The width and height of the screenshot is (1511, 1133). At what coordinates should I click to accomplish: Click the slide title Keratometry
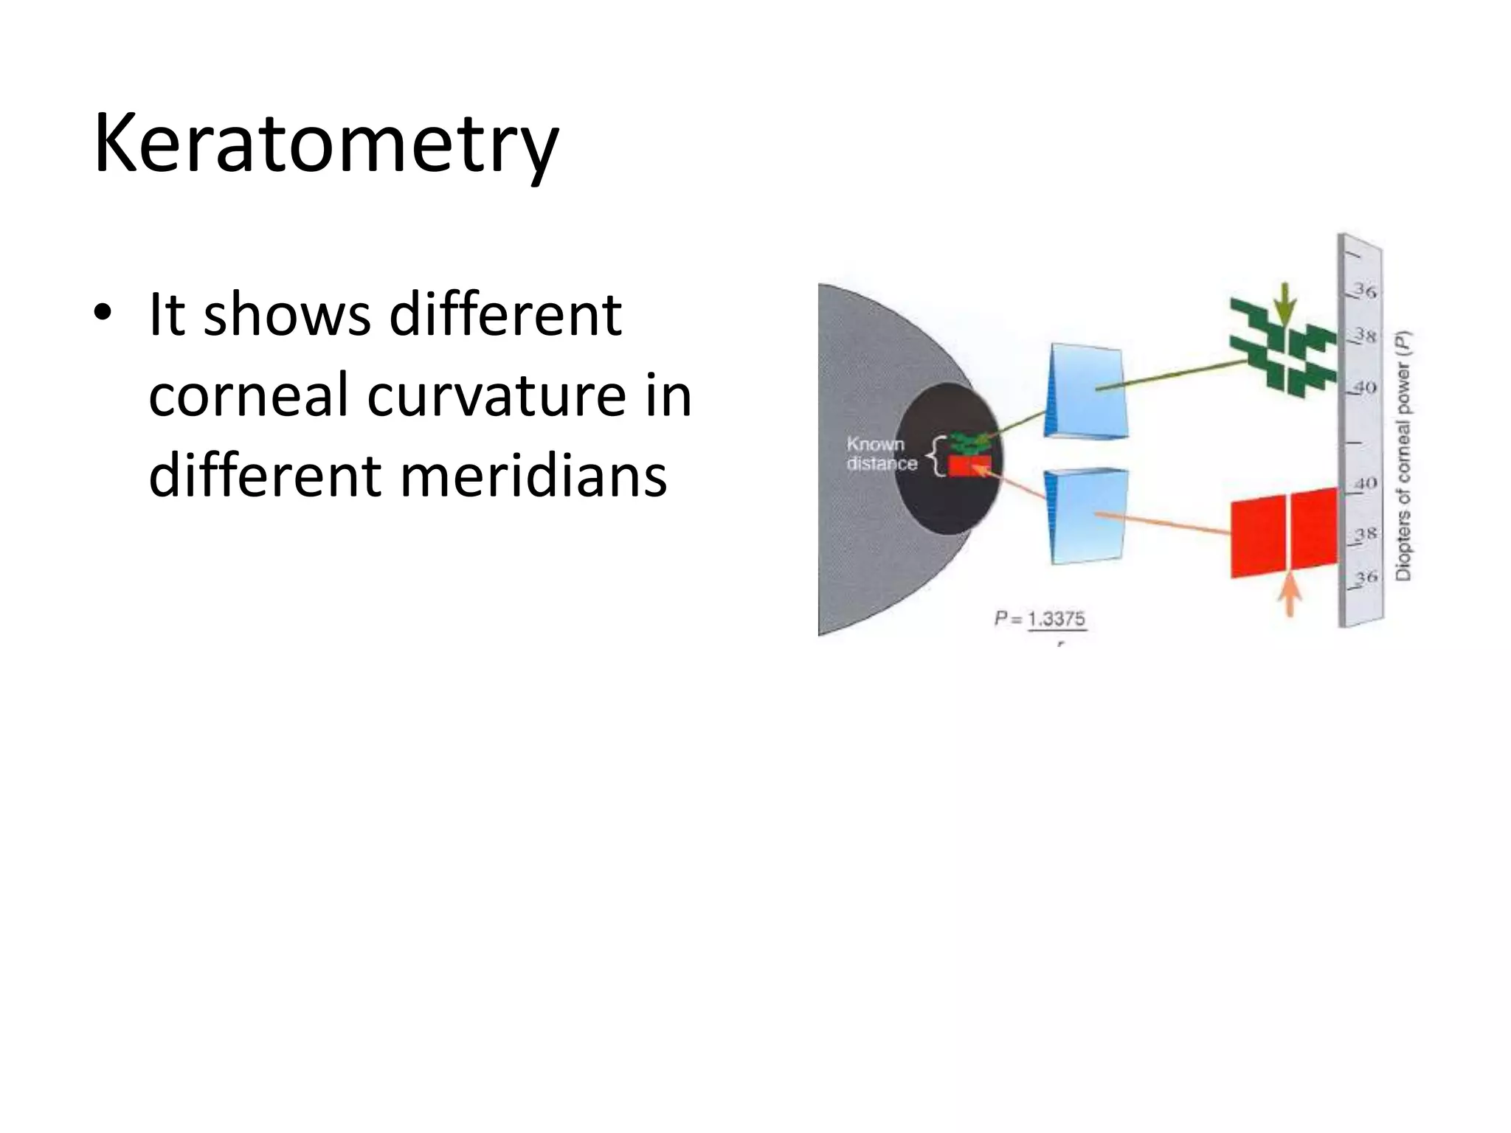coord(325,144)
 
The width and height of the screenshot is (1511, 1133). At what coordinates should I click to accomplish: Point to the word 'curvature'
coord(496,395)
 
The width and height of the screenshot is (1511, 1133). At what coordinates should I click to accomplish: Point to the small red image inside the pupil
coord(967,466)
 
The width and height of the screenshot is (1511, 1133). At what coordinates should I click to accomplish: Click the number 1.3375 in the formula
coord(1057,618)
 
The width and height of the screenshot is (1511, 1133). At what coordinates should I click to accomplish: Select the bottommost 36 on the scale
coord(1366,576)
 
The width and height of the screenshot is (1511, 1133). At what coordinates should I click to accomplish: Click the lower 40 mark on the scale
coord(1366,483)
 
